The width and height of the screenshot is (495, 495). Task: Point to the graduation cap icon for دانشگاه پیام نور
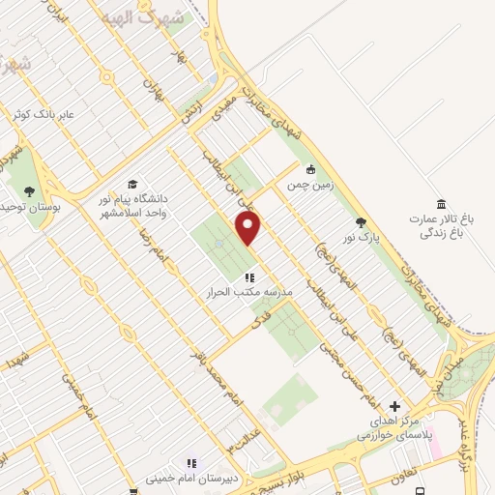132,185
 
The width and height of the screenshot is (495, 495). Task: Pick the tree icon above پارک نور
361,221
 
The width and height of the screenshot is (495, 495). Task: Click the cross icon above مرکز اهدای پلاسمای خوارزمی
393,407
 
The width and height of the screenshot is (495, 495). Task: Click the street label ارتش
189,113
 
